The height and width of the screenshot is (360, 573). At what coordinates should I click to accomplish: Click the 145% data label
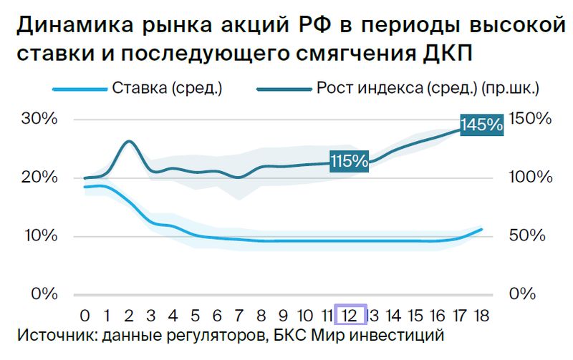tap(481, 125)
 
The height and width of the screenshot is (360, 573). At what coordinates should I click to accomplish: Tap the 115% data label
tap(349, 161)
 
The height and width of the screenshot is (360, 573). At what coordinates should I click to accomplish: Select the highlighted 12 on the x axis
tap(350, 314)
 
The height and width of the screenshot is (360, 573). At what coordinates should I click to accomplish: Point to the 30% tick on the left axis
tap(39, 119)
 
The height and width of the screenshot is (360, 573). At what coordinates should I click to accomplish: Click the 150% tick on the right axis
tap(530, 119)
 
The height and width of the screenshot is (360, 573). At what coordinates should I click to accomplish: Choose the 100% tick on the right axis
tap(531, 177)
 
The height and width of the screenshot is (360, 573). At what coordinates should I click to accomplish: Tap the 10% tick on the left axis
tap(42, 236)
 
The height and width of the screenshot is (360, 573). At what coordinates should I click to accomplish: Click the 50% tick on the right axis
tap(527, 236)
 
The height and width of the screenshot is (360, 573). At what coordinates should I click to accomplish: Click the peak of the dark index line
tap(129, 141)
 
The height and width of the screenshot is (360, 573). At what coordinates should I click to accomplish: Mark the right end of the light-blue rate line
tap(481, 229)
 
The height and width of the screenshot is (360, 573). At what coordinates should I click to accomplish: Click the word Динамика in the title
tap(75, 25)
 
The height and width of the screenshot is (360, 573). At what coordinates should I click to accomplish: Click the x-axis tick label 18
tap(481, 316)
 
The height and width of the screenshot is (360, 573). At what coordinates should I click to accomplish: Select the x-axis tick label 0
tap(85, 316)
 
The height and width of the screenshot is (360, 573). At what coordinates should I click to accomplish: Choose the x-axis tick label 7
tap(239, 316)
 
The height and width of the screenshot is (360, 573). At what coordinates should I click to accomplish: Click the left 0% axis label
tap(44, 294)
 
